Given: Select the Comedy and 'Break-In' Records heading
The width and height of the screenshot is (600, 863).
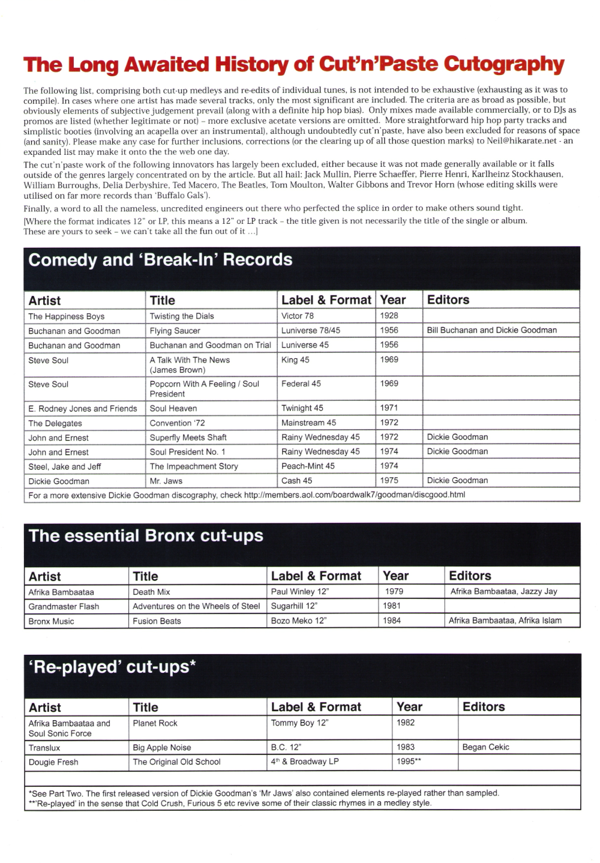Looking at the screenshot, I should coord(160,260).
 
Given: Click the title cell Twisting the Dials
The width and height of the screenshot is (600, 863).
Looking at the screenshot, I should coord(182,316).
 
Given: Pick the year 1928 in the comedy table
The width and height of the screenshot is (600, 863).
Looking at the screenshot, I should coord(389,316).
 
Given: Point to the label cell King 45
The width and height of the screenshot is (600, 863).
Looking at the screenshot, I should coord(295,360).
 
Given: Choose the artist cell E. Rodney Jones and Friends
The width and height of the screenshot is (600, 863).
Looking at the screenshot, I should coord(83,409).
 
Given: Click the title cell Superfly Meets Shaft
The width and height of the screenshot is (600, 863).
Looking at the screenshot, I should coord(188,438).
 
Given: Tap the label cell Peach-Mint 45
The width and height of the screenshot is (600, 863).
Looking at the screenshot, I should coord(308,466).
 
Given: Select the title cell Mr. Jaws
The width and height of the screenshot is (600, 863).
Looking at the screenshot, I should coord(166,481).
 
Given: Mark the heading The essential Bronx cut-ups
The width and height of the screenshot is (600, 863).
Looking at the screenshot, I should coord(146,536).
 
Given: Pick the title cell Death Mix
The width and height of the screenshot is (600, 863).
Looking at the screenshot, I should coord(151,592).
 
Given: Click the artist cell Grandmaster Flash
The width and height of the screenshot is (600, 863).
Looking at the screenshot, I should coord(64,607).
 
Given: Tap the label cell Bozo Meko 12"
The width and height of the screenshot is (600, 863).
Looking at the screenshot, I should coord(298,621).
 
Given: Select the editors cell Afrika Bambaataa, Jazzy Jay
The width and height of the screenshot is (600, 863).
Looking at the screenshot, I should coord(503,592).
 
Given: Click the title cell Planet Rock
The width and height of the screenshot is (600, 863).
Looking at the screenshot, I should coord(155,723).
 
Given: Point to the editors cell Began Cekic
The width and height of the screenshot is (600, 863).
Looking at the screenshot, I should coord(485,747).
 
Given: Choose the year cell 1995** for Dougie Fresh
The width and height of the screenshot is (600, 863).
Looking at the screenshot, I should coord(409,762).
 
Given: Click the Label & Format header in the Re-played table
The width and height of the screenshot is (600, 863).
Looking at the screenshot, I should coord(316,707).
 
